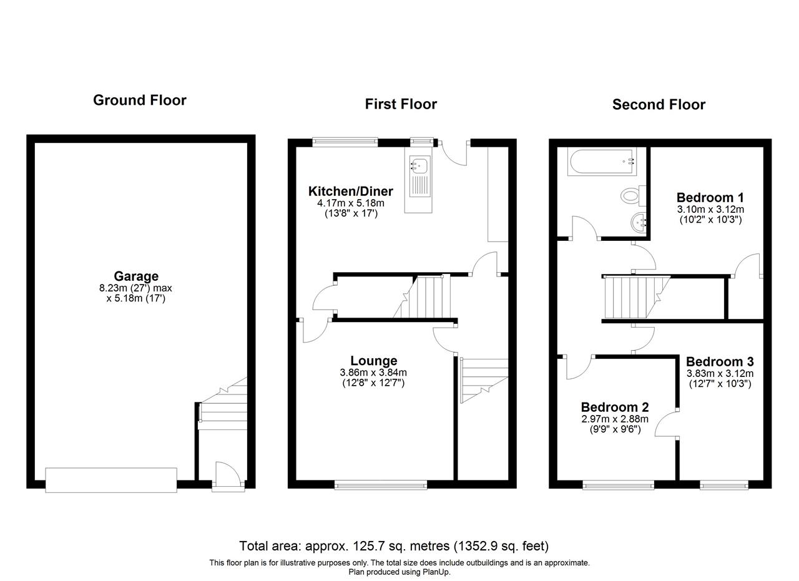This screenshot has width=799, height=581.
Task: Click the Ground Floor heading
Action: [139, 100]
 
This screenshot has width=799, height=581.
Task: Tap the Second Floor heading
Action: [659, 104]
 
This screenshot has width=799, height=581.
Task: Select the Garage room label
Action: [136, 276]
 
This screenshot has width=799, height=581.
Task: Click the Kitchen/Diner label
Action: [350, 191]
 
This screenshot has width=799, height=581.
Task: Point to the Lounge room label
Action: [373, 361]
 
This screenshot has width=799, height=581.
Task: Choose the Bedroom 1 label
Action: [710, 197]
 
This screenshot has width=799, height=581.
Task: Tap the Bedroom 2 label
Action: [615, 407]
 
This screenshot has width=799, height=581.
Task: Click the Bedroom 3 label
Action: [720, 362]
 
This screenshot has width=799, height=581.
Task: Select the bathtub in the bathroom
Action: [603, 162]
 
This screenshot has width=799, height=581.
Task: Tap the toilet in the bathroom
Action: [633, 195]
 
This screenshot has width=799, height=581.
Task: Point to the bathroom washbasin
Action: [638, 223]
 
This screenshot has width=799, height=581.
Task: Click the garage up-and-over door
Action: [111, 480]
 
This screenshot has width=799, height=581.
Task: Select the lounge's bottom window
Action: [381, 484]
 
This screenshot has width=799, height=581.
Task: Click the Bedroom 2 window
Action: [618, 485]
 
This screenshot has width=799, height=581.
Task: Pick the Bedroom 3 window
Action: [723, 485]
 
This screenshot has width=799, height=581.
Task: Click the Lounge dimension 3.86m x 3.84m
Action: [373, 373]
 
